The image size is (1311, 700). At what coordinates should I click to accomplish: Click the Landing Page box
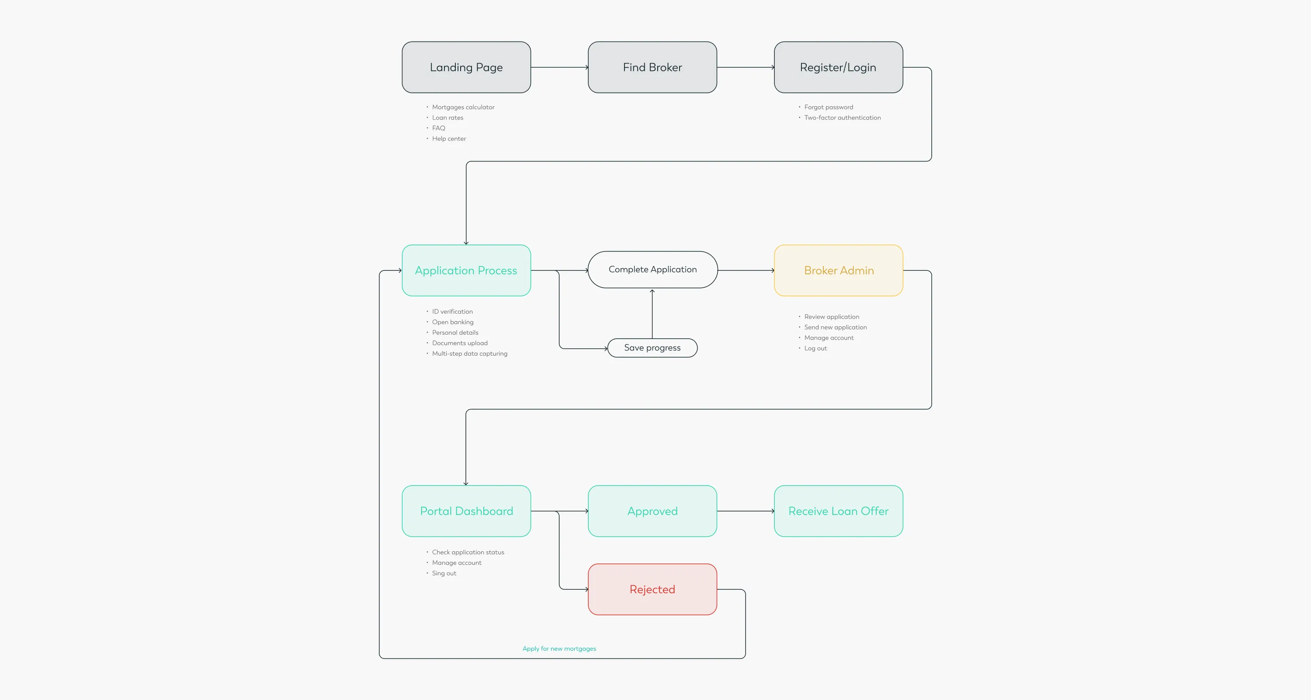(x=466, y=67)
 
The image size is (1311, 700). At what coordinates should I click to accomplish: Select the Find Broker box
(x=652, y=67)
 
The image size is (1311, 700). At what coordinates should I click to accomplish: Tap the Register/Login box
(x=838, y=67)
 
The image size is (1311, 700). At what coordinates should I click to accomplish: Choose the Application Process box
(x=466, y=270)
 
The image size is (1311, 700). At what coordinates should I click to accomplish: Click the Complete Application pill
(x=652, y=269)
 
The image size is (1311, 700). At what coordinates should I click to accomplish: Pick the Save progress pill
(x=652, y=348)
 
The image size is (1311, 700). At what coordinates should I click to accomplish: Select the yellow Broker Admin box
(x=838, y=270)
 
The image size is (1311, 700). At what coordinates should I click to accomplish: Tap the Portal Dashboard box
(x=466, y=511)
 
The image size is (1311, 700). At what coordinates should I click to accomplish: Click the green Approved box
(x=652, y=511)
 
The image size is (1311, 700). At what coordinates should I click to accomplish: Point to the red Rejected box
(x=652, y=589)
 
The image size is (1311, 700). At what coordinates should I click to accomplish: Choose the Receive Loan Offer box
(x=838, y=511)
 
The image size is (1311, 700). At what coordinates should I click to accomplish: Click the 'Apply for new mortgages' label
(x=559, y=648)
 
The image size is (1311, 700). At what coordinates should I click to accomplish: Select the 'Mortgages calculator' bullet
(x=463, y=107)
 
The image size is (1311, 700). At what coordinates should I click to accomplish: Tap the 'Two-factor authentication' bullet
(x=842, y=118)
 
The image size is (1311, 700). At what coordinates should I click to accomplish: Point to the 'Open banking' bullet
(x=452, y=322)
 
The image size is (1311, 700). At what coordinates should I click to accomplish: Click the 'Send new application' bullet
(x=835, y=327)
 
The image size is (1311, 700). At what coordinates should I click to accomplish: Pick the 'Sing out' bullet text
(x=444, y=573)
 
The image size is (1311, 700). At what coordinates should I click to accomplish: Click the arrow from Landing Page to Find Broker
(x=559, y=67)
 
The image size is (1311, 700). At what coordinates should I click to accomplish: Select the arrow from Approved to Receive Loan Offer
(x=745, y=511)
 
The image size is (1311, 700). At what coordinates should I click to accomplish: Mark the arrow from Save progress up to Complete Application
(x=652, y=313)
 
